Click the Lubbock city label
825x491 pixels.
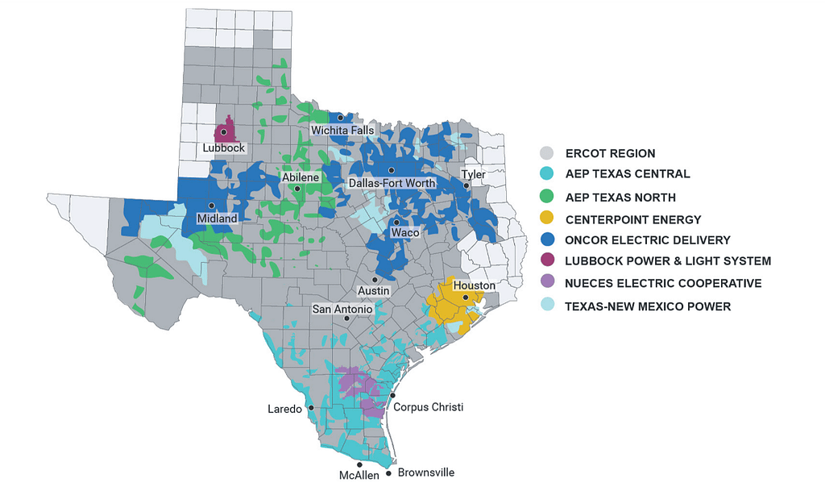pyautogui.click(x=223, y=148)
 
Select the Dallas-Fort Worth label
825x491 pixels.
pyautogui.click(x=392, y=183)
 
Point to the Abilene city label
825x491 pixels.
pyautogui.click(x=301, y=177)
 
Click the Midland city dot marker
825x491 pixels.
pyautogui.click(x=211, y=205)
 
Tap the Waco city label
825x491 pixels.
pyautogui.click(x=404, y=232)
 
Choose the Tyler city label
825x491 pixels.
pyautogui.click(x=473, y=174)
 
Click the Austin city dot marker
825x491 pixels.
pyautogui.click(x=375, y=279)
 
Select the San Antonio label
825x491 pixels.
pyautogui.click(x=342, y=309)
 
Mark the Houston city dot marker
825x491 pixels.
pyautogui.click(x=465, y=298)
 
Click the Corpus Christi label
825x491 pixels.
pyautogui.click(x=428, y=407)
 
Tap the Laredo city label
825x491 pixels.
pyautogui.click(x=284, y=409)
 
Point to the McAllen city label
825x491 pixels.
pyautogui.click(x=357, y=476)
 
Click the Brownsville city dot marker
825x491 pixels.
pyautogui.click(x=391, y=465)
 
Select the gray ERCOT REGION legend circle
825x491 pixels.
pyautogui.click(x=547, y=153)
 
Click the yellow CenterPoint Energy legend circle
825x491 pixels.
pyautogui.click(x=547, y=218)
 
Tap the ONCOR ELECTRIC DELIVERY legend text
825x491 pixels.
pyautogui.click(x=648, y=239)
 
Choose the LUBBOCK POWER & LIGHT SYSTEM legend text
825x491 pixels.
pyautogui.click(x=668, y=261)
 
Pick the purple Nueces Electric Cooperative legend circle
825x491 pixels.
pyautogui.click(x=547, y=283)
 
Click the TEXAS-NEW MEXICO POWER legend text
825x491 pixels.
pyautogui.click(x=648, y=306)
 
